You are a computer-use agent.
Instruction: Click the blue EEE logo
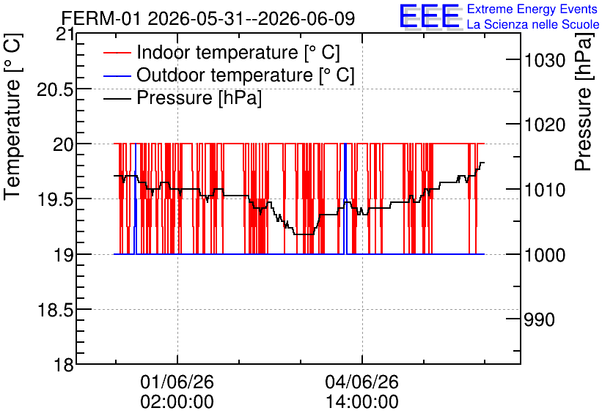click(x=430, y=16)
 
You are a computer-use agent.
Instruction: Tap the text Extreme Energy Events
click(x=532, y=9)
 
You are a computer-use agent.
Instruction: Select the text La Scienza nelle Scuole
click(x=533, y=24)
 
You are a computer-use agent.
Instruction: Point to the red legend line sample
click(x=117, y=53)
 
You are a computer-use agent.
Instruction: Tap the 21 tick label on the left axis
click(x=65, y=34)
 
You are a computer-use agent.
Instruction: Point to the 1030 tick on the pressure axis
click(x=544, y=61)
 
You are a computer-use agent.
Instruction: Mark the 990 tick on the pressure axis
click(x=539, y=320)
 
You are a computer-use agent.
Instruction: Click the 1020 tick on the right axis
click(x=544, y=125)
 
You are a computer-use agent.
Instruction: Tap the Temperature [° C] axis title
click(x=12, y=117)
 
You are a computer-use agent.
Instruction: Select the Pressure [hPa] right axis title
click(x=583, y=102)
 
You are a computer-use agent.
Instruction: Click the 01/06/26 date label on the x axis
click(x=177, y=382)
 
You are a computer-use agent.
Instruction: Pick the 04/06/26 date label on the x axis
click(x=362, y=382)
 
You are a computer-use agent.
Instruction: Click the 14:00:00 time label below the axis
click(x=362, y=402)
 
